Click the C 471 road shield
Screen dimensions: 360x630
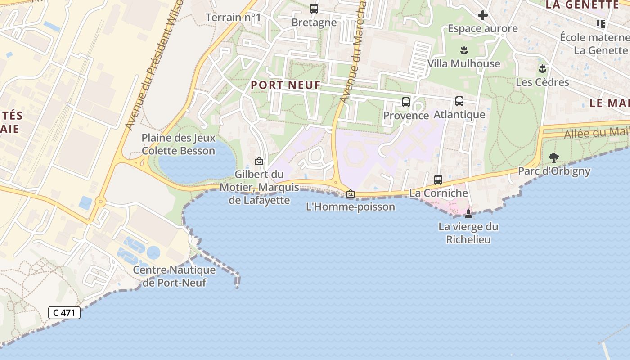[x=64, y=313]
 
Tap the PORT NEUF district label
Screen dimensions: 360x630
[x=286, y=85]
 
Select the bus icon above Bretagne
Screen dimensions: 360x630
[x=314, y=9]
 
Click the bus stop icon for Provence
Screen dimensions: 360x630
[x=406, y=102]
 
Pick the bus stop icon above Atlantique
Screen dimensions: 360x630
[x=459, y=101]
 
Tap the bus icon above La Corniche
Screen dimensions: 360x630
[x=438, y=180]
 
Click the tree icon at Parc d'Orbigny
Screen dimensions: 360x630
[x=554, y=158]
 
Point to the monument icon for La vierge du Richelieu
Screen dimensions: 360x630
[x=468, y=213]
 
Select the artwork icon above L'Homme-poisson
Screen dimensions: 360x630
[x=351, y=194]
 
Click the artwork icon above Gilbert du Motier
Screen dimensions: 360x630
[x=259, y=161]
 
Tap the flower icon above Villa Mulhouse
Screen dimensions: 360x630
[x=464, y=50]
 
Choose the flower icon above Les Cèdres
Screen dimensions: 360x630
[x=542, y=69]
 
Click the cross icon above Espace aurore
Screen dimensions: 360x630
[x=483, y=15]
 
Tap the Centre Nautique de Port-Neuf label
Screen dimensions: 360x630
[x=175, y=276]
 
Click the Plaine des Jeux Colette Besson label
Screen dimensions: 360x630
[x=179, y=144]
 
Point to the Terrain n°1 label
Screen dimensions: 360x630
[x=233, y=18]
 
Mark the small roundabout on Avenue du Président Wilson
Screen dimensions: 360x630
[x=100, y=202]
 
